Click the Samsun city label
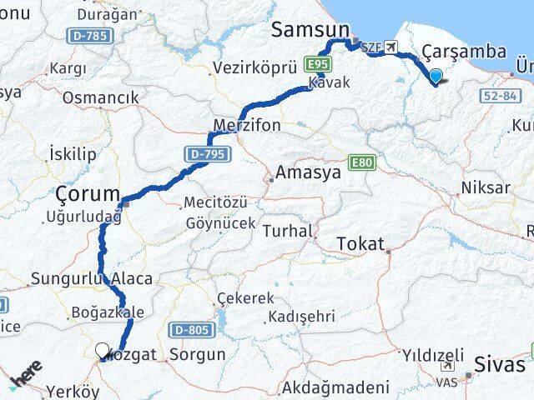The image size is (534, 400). pos(310,31)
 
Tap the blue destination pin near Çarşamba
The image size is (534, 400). pos(436,77)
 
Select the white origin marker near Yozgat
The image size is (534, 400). pos(102,351)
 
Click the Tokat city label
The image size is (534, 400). pos(360,244)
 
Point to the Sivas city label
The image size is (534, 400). pos(500,364)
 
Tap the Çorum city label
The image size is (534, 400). pos(88,194)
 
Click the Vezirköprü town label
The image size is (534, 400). pos(244,68)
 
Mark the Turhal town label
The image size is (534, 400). pos(287,231)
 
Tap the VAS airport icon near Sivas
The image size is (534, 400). pos(447,367)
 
